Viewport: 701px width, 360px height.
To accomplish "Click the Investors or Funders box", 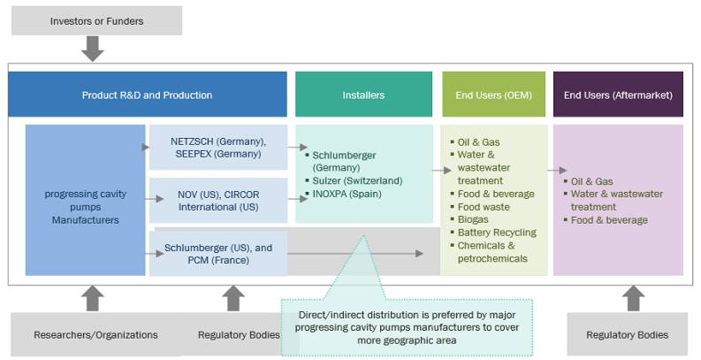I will (96, 20).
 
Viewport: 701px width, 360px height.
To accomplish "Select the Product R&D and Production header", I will (148, 95).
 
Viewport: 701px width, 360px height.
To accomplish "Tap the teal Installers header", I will (363, 95).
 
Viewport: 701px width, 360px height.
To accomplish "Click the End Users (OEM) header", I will (494, 95).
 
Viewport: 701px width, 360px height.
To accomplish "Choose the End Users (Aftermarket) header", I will (618, 95).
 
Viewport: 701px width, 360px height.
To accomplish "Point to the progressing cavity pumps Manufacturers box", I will (85, 200).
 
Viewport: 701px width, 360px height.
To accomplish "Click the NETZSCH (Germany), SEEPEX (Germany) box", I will (218, 148).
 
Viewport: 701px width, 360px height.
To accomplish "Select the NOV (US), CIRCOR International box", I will (218, 200).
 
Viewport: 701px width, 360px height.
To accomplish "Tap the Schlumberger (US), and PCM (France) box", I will (218, 254).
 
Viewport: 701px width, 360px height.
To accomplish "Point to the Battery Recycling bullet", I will (497, 233).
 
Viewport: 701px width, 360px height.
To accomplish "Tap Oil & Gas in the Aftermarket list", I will (591, 181).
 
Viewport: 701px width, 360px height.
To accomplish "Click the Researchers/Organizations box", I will (95, 335).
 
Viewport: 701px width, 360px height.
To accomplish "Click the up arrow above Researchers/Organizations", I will (91, 298).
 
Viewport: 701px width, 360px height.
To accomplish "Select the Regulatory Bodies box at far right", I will (629, 335).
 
